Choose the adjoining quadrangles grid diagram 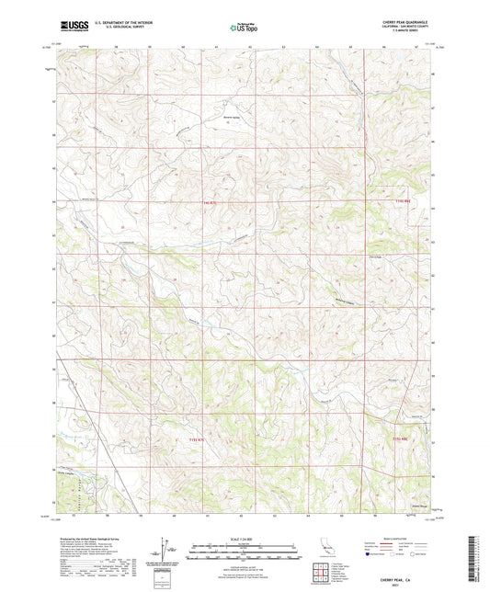321,574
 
